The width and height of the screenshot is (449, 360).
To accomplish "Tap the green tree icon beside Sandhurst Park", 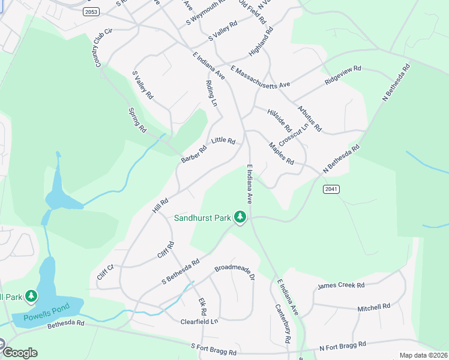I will pyautogui.click(x=240, y=217).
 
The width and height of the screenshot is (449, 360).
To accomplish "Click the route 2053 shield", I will pyautogui.click(x=91, y=11).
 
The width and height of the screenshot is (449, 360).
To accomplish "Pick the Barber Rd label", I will pyautogui.click(x=194, y=154).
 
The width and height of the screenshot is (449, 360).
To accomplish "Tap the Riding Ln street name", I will pyautogui.click(x=211, y=94).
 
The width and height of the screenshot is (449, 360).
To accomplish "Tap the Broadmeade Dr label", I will pyautogui.click(x=235, y=272).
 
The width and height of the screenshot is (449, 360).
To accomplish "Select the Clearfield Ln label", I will pyautogui.click(x=199, y=322).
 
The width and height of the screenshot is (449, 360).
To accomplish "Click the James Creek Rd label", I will pyautogui.click(x=341, y=286).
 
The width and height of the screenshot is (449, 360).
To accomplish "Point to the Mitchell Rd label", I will pyautogui.click(x=373, y=307).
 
